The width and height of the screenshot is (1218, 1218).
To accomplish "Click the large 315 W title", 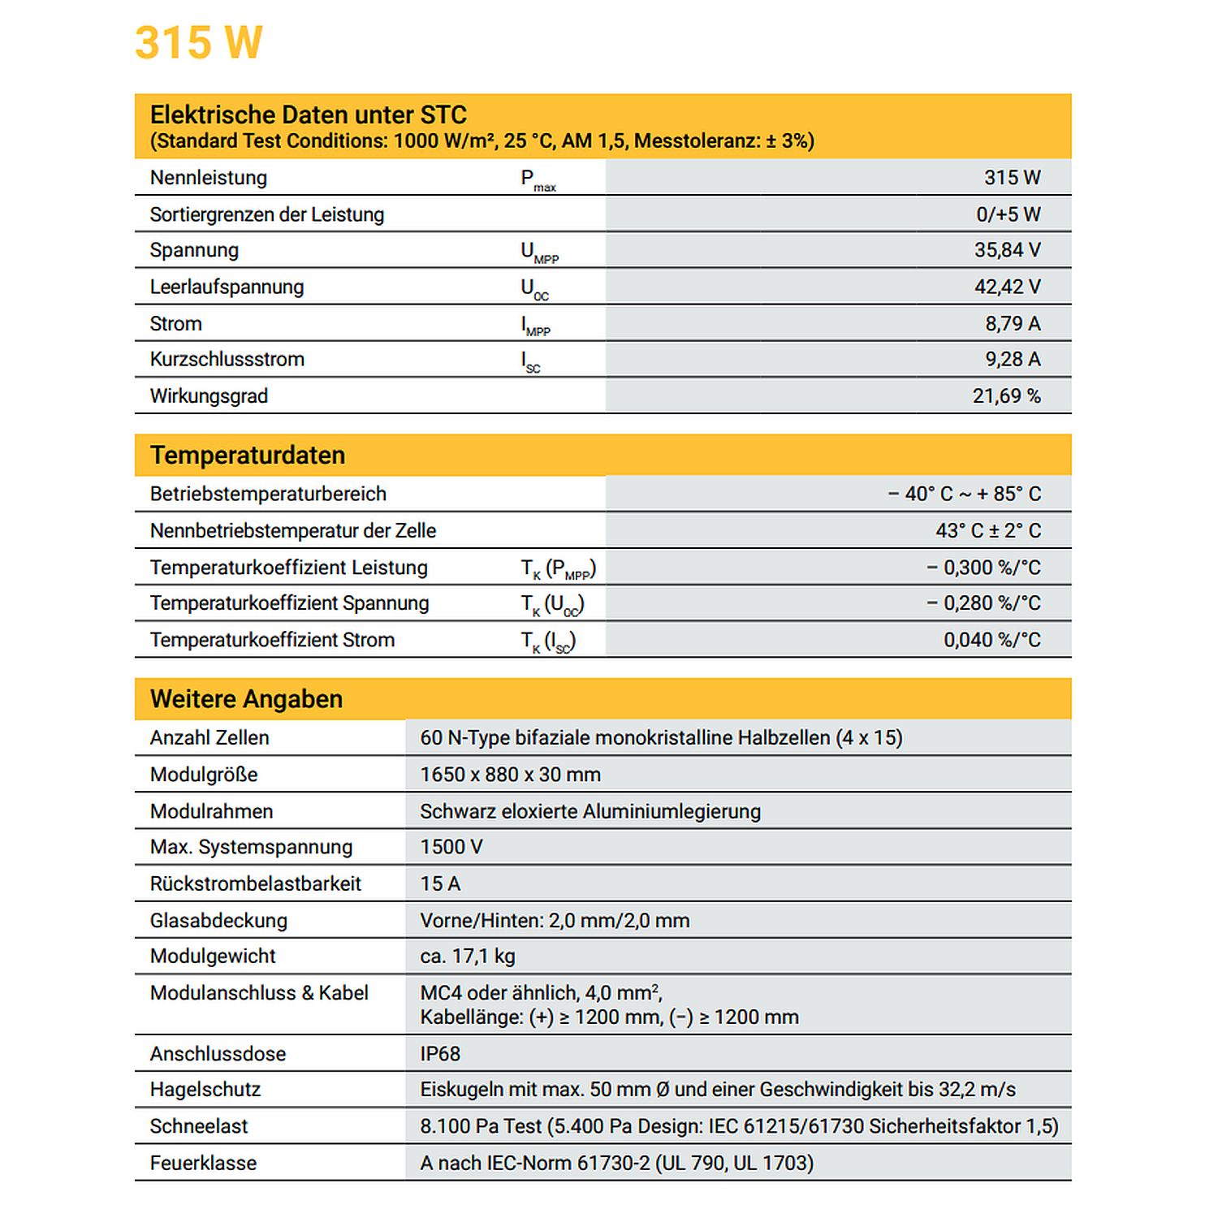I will [x=198, y=43].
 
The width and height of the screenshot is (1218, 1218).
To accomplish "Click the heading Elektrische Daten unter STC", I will [x=308, y=114].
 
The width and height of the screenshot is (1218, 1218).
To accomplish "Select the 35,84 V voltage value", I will [x=1007, y=250].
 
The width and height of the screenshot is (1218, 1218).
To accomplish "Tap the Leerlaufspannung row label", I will [x=227, y=287].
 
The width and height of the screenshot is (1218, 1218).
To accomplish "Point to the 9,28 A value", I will [x=1013, y=359].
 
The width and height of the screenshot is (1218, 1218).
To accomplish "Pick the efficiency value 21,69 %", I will [x=1006, y=396].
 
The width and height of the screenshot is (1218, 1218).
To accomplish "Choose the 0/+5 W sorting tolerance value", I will [x=1008, y=214].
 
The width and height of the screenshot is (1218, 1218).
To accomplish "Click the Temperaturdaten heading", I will [x=248, y=456].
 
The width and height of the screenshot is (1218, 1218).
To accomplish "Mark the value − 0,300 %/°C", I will [x=983, y=568].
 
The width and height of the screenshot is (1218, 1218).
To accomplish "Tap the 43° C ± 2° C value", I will [x=987, y=531].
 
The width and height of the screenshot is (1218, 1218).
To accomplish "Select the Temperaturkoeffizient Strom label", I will [x=272, y=640].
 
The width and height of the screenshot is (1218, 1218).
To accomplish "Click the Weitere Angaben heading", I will [x=246, y=699].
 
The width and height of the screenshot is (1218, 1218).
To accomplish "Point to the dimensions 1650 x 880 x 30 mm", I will [x=510, y=775].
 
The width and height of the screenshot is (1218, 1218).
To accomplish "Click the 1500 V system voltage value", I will [x=451, y=847].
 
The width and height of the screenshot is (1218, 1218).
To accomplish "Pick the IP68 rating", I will [x=440, y=1054].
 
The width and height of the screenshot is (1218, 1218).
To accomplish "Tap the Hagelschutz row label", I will [x=205, y=1090].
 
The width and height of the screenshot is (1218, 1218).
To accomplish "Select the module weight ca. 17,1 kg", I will [x=468, y=957].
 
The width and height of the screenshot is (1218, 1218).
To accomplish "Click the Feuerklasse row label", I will [x=203, y=1163].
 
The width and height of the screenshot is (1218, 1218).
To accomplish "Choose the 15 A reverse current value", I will [x=440, y=883].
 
